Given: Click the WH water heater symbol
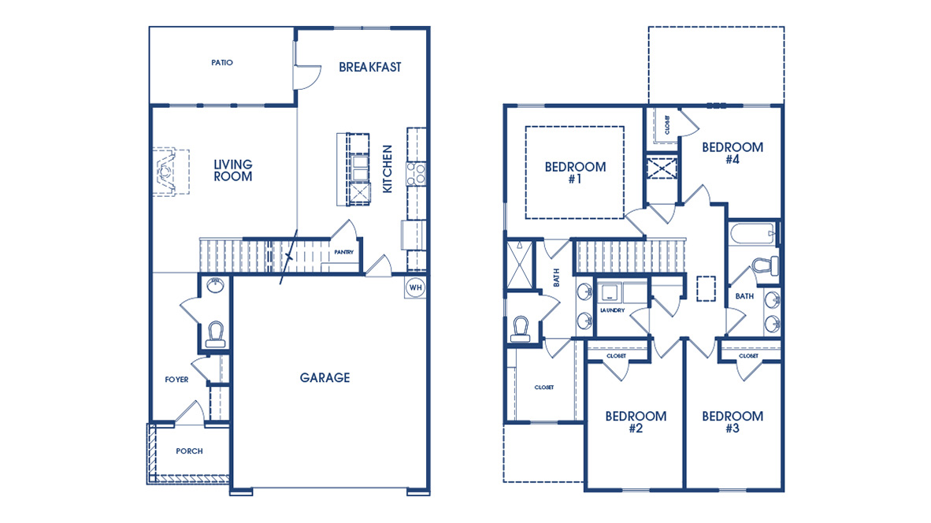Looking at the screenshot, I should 415,287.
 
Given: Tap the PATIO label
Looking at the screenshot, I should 222,62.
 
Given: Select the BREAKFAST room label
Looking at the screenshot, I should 369,67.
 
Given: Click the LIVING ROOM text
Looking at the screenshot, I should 233,170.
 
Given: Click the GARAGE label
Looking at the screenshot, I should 325,378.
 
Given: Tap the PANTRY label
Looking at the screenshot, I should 343,253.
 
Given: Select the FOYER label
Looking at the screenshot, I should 176,380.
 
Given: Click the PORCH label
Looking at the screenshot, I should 189,451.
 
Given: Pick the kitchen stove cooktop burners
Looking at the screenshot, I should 416,173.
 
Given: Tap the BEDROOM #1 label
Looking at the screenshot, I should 575,172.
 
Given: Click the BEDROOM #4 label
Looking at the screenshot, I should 733,153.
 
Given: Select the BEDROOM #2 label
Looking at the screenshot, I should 636,422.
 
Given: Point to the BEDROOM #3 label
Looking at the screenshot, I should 733,422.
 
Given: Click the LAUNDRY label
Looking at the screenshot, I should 612,310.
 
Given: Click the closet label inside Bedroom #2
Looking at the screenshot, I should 616,356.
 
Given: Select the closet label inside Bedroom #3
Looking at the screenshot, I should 748,356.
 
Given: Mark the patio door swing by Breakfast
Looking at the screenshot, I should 306,75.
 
